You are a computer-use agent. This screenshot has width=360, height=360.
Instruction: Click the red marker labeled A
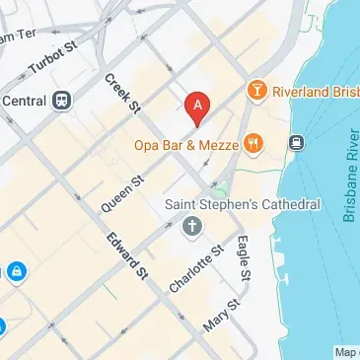coord(197,107)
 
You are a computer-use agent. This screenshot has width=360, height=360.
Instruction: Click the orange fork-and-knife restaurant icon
coord(254,144)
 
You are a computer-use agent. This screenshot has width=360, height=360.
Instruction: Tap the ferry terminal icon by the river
coord(295,142)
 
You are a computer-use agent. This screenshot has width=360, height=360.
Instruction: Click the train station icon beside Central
coord(61,99)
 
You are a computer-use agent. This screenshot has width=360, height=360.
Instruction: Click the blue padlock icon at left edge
coord(16,269)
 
